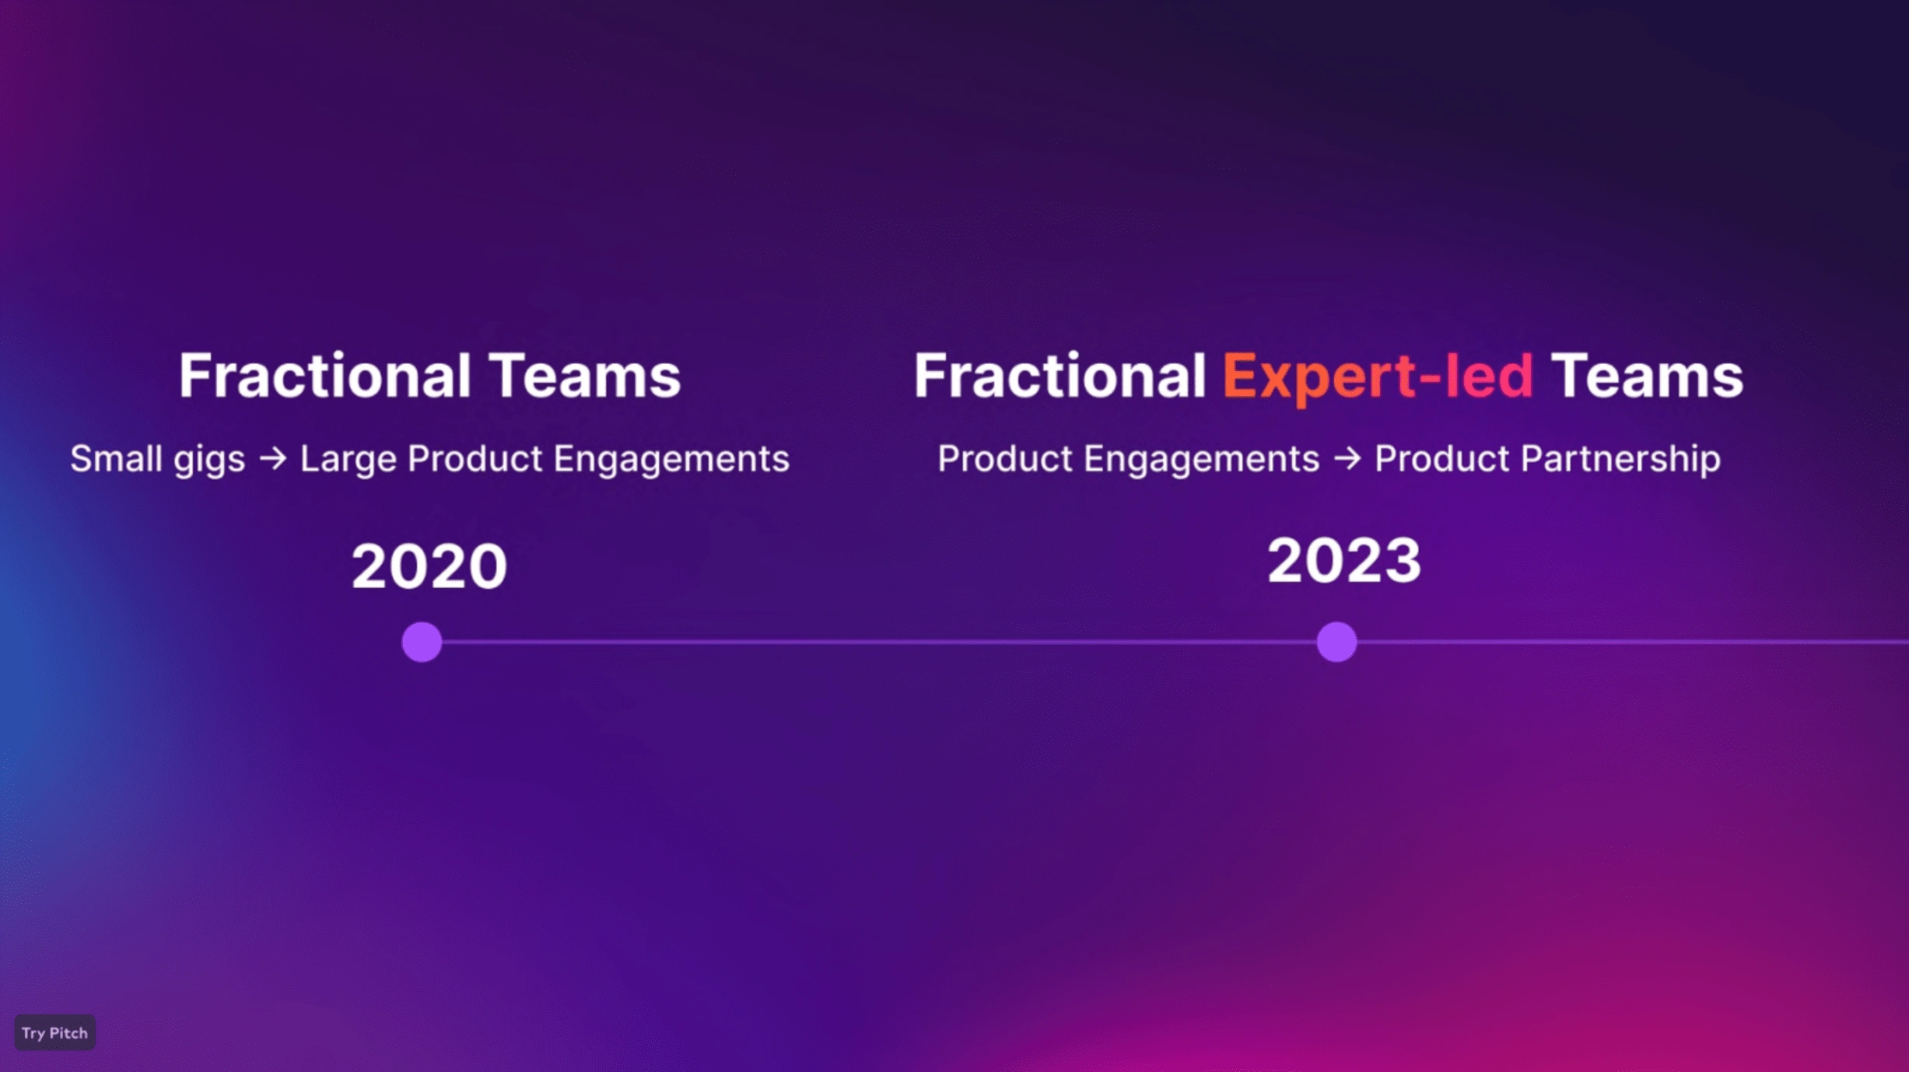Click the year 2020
tap(429, 566)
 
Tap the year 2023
tap(1343, 560)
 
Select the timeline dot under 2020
tap(422, 642)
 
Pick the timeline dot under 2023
tap(1336, 642)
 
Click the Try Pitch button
tap(54, 1032)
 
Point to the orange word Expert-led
tap(1378, 376)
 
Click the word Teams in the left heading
tap(585, 376)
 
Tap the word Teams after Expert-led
tap(1647, 376)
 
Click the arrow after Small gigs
tap(273, 458)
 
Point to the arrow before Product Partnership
tap(1347, 458)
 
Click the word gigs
tap(209, 461)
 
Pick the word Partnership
tap(1620, 460)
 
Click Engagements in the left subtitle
tap(671, 460)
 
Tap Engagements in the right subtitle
tap(1201, 460)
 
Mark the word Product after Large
tap(475, 458)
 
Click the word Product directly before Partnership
tap(1442, 458)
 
